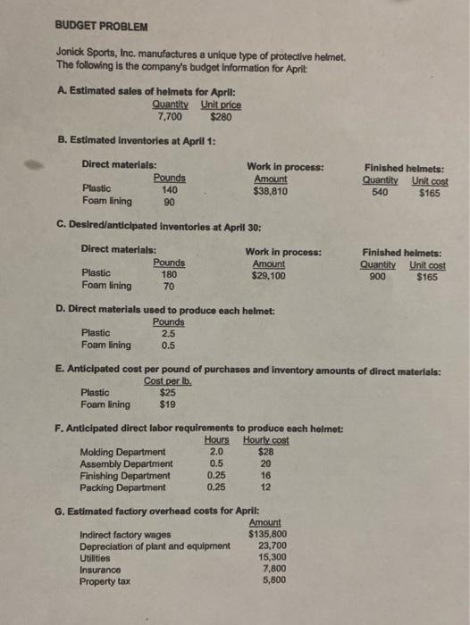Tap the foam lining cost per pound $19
click(x=166, y=403)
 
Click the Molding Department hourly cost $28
click(x=265, y=452)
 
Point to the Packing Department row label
click(x=123, y=487)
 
